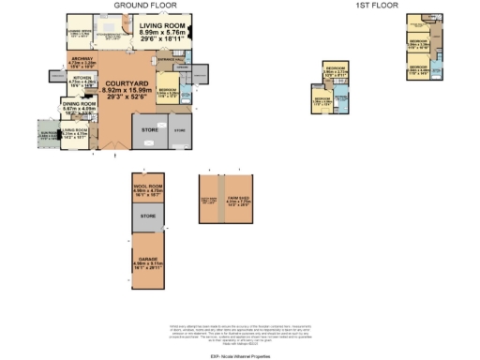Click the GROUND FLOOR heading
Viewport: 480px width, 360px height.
coord(148,6)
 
